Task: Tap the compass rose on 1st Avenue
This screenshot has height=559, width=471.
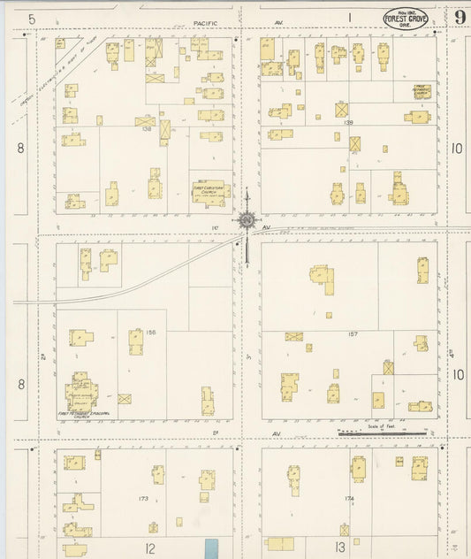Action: [247, 219]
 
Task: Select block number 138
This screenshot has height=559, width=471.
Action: [148, 129]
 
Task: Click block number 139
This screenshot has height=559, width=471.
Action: [348, 122]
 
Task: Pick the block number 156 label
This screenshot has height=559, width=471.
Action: [151, 332]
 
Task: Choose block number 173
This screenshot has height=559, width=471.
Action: [142, 500]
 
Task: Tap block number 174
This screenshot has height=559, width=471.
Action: [349, 499]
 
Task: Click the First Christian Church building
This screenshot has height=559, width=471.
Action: [211, 190]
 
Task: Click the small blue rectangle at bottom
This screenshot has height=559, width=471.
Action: [210, 548]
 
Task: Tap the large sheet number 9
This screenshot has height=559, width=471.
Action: [460, 18]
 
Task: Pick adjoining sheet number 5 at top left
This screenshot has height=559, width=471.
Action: [32, 18]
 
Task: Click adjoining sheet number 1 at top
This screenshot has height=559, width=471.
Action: [349, 17]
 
